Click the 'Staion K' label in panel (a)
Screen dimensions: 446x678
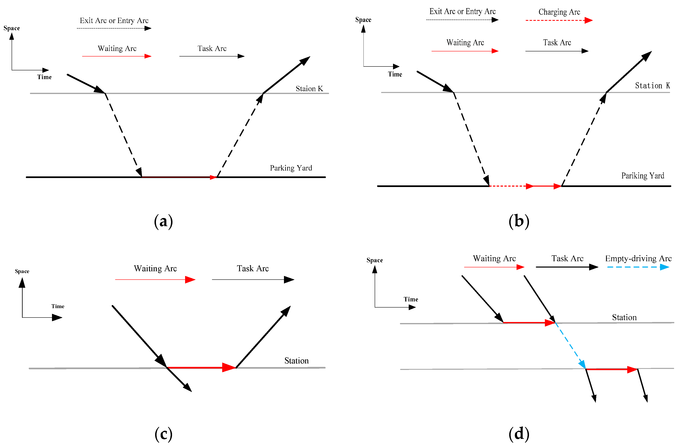tap(309, 89)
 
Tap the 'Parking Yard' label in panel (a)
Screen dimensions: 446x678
tap(291, 168)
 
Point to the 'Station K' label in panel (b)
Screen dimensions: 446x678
tap(652, 85)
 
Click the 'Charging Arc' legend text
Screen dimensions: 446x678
tap(559, 12)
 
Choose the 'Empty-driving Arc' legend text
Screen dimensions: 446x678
tap(638, 258)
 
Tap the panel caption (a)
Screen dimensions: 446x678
tap(163, 221)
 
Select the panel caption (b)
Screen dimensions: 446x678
tap(519, 221)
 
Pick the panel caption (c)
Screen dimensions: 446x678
tap(163, 434)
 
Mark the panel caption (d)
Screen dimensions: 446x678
tap(519, 434)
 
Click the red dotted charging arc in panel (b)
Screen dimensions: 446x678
tap(510, 186)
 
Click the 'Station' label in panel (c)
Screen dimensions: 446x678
tap(296, 361)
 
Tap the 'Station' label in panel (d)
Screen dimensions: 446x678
tap(624, 318)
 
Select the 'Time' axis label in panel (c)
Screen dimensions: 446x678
tap(58, 306)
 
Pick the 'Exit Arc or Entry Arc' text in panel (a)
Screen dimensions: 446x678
tap(114, 21)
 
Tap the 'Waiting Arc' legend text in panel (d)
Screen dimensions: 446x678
tap(494, 258)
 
